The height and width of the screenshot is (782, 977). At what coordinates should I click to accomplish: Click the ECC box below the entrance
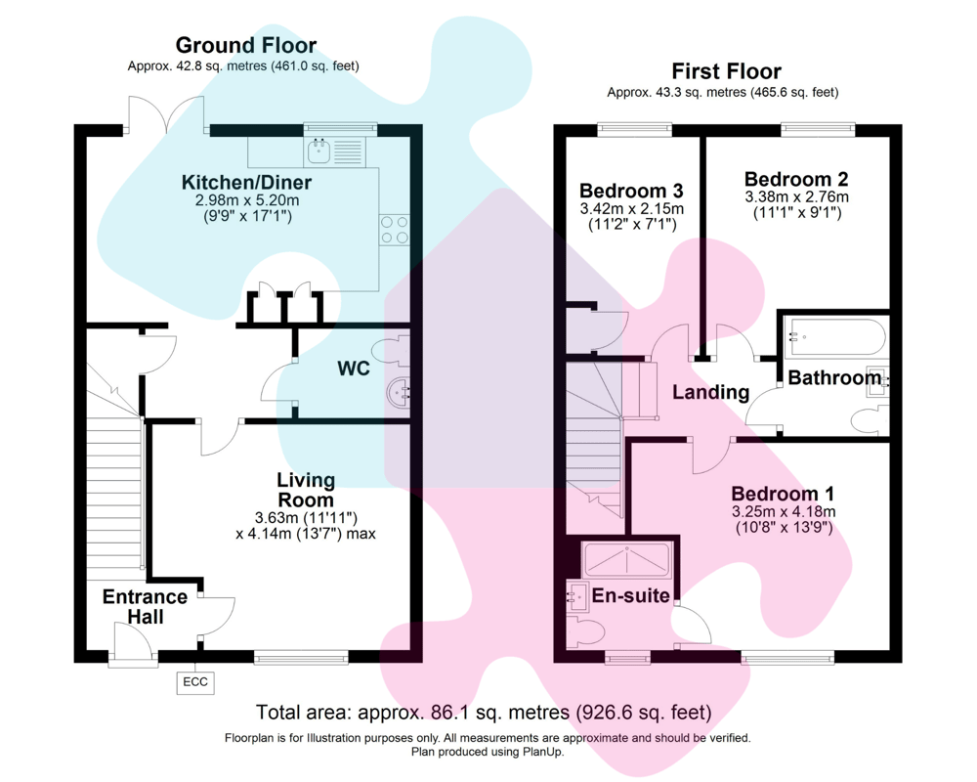point(195,682)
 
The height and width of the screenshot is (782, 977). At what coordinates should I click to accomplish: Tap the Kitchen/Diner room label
point(246,183)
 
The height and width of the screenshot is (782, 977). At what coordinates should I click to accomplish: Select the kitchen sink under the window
point(319,151)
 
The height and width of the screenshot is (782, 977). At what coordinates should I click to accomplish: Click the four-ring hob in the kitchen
point(395,229)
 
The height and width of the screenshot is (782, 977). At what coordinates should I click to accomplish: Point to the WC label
point(354,369)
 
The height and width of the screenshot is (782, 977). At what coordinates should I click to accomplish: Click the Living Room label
point(305,490)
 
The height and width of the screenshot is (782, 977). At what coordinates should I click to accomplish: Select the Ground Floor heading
point(245,45)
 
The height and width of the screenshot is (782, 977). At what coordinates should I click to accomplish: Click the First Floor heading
point(726,71)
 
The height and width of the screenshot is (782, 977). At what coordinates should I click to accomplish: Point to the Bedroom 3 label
point(630,191)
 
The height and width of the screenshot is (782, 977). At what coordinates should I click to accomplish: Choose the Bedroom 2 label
point(795,179)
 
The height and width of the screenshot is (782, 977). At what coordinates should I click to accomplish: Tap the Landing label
point(710,393)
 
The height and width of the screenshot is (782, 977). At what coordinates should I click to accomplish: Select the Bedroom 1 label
point(783,493)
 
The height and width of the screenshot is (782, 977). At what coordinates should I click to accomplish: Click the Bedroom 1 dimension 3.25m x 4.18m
point(783,511)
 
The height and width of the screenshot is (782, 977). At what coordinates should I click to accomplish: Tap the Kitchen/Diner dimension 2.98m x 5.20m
point(246,200)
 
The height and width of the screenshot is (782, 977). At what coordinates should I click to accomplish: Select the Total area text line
point(483,712)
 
